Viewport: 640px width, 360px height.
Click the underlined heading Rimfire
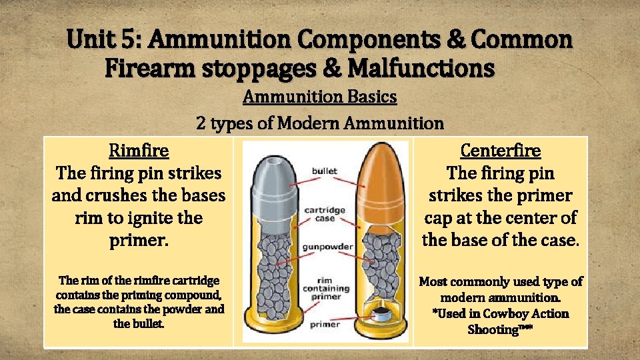pyautogui.click(x=139, y=151)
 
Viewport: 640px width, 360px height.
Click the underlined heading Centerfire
pyautogui.click(x=500, y=151)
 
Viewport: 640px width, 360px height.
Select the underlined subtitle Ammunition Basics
pyautogui.click(x=319, y=97)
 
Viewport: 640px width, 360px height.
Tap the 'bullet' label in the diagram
pyautogui.click(x=325, y=172)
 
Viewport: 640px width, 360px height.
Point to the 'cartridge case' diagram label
pyautogui.click(x=325, y=214)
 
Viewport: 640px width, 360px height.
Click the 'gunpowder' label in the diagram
pyautogui.click(x=327, y=247)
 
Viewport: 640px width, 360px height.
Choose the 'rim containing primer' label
pyautogui.click(x=327, y=289)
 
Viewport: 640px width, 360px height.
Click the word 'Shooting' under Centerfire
pyautogui.click(x=493, y=329)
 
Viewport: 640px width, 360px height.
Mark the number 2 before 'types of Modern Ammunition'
pyautogui.click(x=201, y=123)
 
